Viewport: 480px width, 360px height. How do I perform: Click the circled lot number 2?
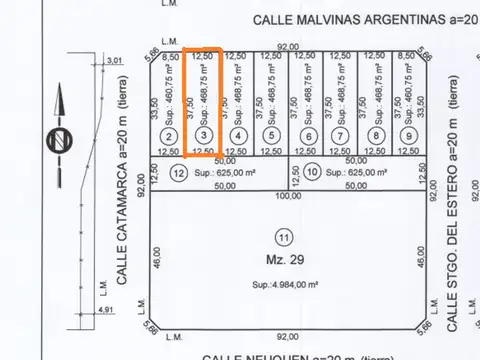[x=170, y=136]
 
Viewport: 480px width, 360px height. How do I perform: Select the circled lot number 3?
[x=204, y=136]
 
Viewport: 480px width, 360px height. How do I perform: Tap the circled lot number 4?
[x=238, y=136]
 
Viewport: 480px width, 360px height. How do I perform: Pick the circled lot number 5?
[x=272, y=136]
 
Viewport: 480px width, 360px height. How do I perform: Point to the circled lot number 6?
[x=309, y=136]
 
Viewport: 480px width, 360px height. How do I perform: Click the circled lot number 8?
[x=376, y=136]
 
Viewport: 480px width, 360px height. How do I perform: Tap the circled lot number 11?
[x=284, y=237]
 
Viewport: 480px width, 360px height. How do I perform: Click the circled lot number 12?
[x=179, y=172]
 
